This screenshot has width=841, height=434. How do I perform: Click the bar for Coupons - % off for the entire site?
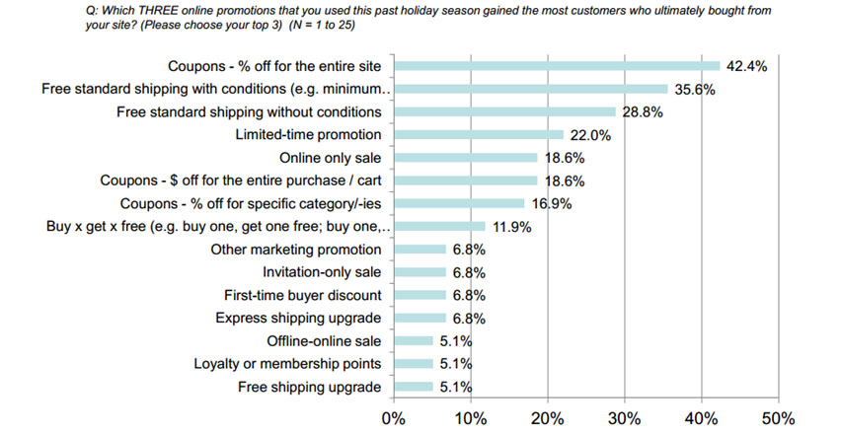[x=557, y=66]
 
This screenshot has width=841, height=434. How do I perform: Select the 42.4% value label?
[x=747, y=66]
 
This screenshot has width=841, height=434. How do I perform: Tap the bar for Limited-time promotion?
[x=479, y=134]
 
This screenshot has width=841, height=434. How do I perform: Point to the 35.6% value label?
[x=695, y=89]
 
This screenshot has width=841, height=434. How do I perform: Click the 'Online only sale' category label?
[x=331, y=158]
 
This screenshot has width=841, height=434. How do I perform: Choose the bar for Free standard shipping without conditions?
[x=504, y=111]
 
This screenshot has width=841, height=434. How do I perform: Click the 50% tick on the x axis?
[x=778, y=417]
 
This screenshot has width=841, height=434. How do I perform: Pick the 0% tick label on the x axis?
[x=394, y=417]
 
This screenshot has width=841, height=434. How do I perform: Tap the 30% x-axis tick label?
[x=625, y=417]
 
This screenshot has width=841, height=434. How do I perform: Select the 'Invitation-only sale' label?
[x=322, y=272]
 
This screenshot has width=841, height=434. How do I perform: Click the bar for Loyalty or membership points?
[x=414, y=363]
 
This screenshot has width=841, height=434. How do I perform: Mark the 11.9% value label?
[x=511, y=226]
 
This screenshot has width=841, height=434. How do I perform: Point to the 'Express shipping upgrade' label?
[x=298, y=318]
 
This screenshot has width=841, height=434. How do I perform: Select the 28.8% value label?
[x=642, y=111]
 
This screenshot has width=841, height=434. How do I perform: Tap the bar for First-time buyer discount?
[x=420, y=295]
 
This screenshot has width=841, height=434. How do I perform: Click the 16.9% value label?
[x=551, y=203]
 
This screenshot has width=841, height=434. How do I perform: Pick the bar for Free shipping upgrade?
[x=414, y=386]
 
